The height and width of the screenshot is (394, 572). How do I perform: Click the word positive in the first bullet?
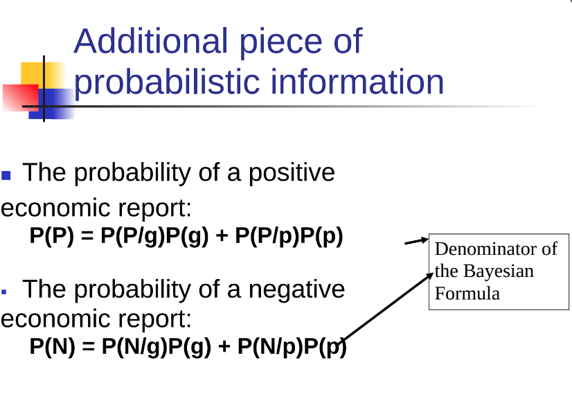292,173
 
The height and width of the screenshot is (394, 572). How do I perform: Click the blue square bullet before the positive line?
6,175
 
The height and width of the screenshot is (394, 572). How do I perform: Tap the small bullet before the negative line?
4,292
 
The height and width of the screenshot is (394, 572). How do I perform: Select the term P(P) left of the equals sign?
52,236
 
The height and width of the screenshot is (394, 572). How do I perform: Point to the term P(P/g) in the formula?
133,236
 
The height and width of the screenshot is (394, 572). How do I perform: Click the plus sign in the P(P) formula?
222,236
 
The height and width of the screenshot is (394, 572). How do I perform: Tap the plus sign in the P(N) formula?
224,347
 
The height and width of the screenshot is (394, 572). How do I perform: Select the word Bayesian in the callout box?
499,271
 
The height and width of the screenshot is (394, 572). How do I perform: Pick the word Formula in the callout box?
467,294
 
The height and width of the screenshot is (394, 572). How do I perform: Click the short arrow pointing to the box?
417,241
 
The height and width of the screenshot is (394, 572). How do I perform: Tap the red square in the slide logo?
21,97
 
